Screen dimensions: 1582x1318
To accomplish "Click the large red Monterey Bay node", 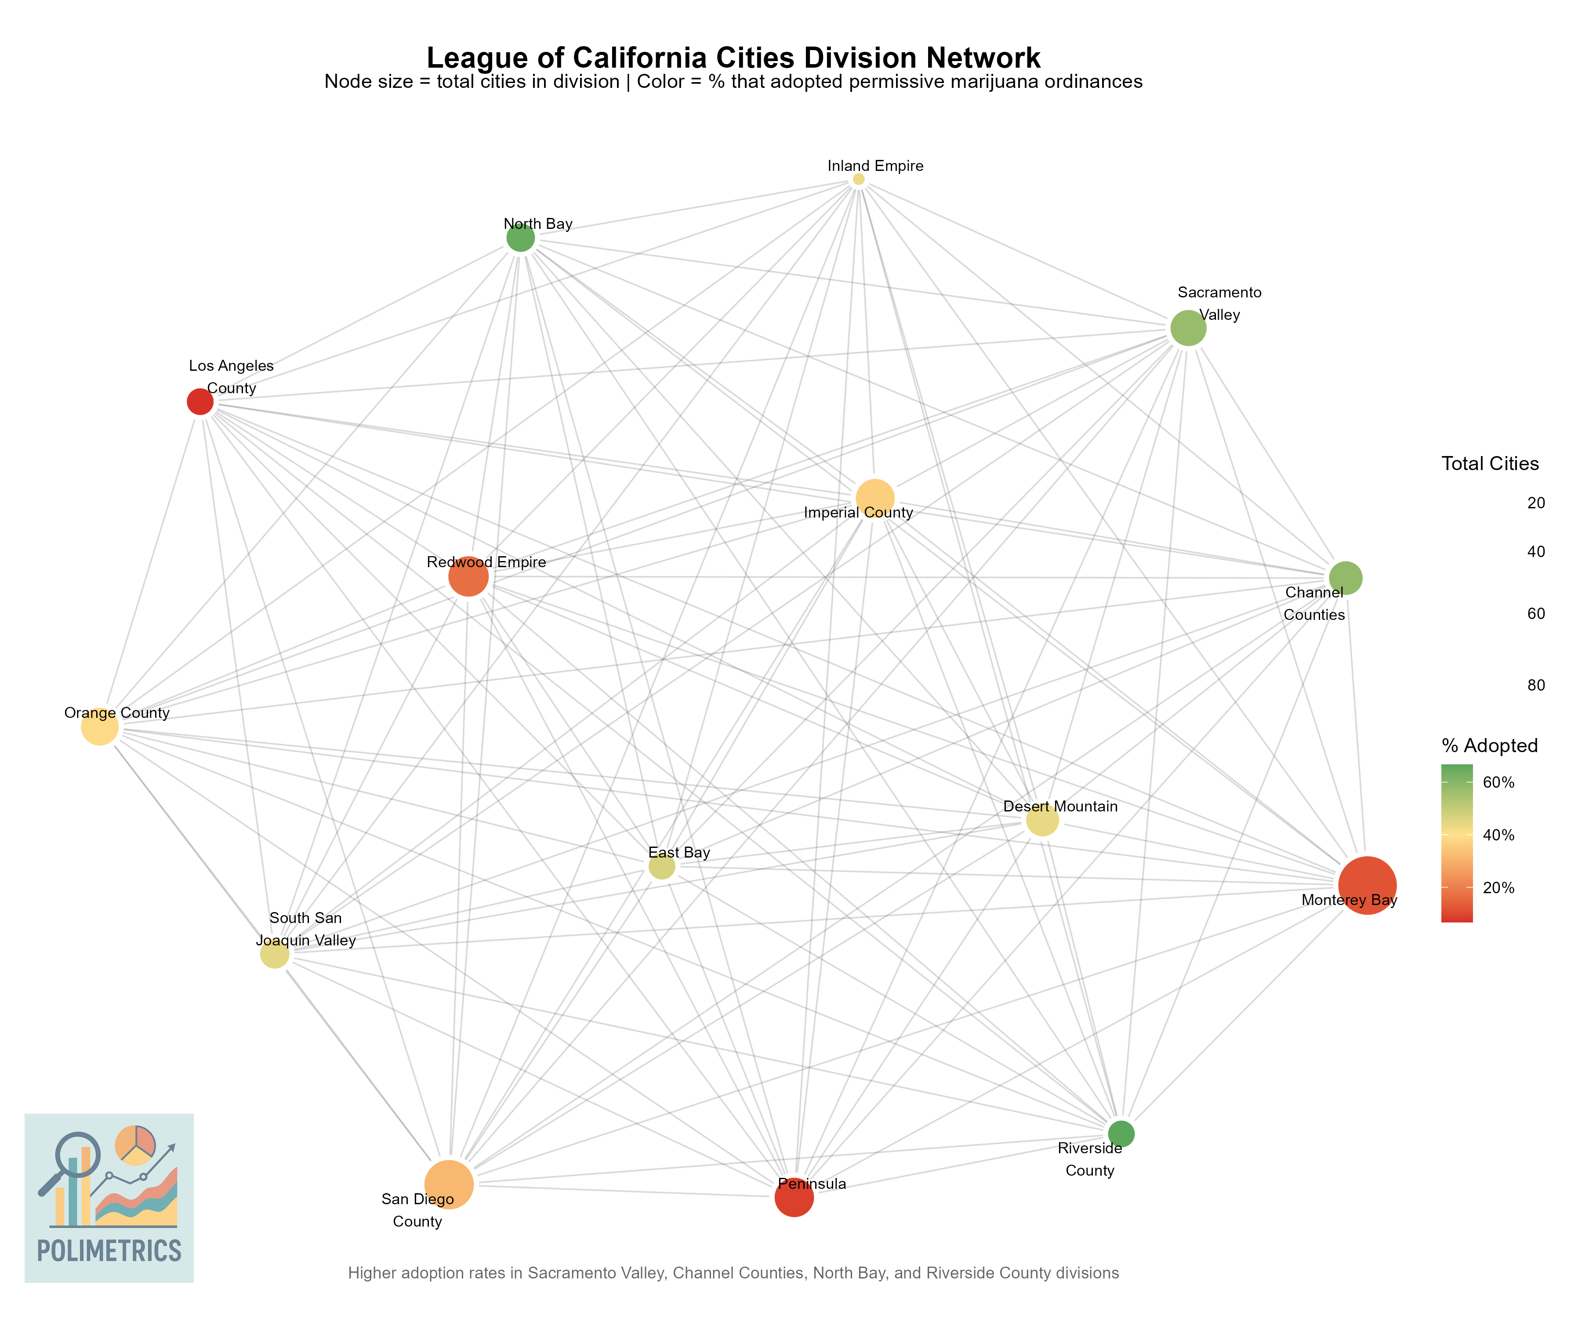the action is tap(1367, 885).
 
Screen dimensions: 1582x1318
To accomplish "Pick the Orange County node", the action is tap(99, 727).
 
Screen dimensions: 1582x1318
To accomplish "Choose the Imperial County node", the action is tap(874, 498).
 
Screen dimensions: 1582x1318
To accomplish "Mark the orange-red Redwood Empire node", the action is tap(468, 576).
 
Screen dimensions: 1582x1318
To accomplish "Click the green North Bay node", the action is tap(520, 238).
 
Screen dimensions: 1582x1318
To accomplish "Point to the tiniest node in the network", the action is tap(858, 178).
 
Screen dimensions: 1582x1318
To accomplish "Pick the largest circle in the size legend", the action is tap(1479, 684).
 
